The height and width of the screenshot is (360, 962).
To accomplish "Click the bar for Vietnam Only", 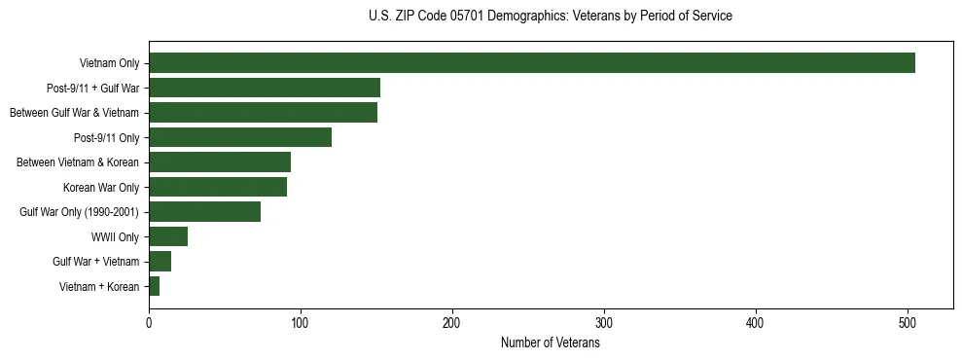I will [x=532, y=63].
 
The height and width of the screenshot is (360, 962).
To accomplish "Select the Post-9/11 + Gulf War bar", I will [x=265, y=88].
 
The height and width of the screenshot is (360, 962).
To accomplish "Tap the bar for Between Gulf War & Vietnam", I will [x=263, y=113].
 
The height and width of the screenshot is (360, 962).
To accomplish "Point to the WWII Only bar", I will [x=168, y=236].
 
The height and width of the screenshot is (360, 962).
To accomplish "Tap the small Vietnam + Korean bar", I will [x=154, y=286].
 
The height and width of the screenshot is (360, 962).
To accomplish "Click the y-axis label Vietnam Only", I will [x=109, y=63].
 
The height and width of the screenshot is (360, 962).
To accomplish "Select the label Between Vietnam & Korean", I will [x=78, y=162].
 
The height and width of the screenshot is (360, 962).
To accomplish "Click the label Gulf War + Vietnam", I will [x=96, y=262].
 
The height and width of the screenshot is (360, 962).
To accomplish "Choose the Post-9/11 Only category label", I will [x=107, y=137].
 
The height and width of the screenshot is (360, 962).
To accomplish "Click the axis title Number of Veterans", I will [x=551, y=342].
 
